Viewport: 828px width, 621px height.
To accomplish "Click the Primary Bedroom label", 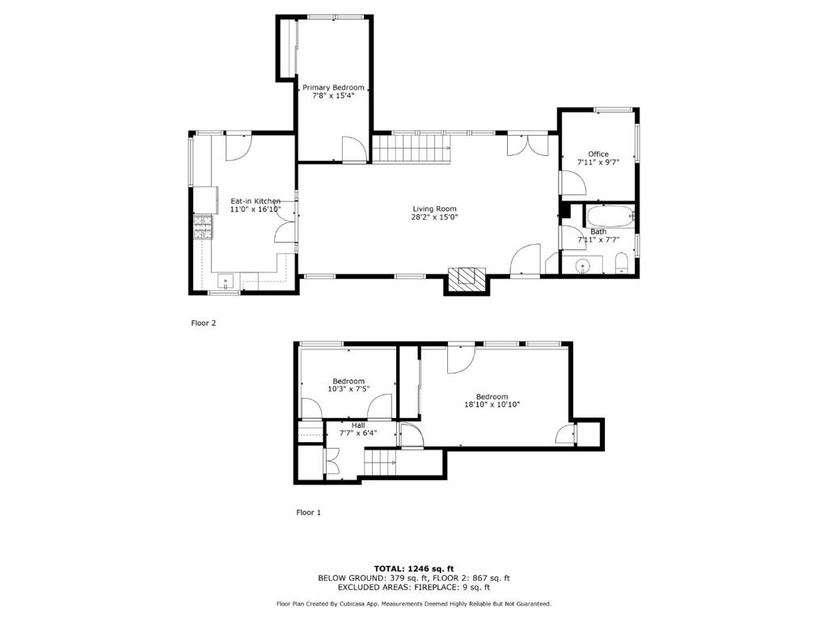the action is click(x=333, y=87).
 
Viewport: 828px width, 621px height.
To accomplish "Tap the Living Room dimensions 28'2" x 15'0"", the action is click(x=434, y=217).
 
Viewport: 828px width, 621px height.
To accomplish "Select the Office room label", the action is click(x=598, y=154).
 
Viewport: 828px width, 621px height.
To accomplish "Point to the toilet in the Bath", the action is click(x=622, y=264).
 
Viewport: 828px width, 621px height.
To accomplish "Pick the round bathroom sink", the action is click(x=582, y=264).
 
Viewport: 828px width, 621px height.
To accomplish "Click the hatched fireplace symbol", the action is click(x=467, y=277).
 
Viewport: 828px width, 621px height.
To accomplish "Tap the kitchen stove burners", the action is click(x=203, y=227).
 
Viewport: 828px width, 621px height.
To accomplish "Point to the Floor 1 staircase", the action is click(x=380, y=462).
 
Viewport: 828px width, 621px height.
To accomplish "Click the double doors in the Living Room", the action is click(x=527, y=146).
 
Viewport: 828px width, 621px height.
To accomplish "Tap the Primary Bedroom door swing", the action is click(x=354, y=150).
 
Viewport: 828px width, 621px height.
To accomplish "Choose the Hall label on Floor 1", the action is click(x=358, y=425).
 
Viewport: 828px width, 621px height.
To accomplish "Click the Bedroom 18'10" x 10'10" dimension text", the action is click(x=492, y=405).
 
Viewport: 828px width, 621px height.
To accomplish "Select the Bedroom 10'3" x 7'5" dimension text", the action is click(x=349, y=389).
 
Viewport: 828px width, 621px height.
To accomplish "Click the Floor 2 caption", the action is click(x=203, y=323).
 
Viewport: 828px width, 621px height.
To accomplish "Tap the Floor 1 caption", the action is click(x=308, y=512).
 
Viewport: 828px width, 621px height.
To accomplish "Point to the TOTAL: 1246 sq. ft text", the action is click(x=414, y=568).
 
